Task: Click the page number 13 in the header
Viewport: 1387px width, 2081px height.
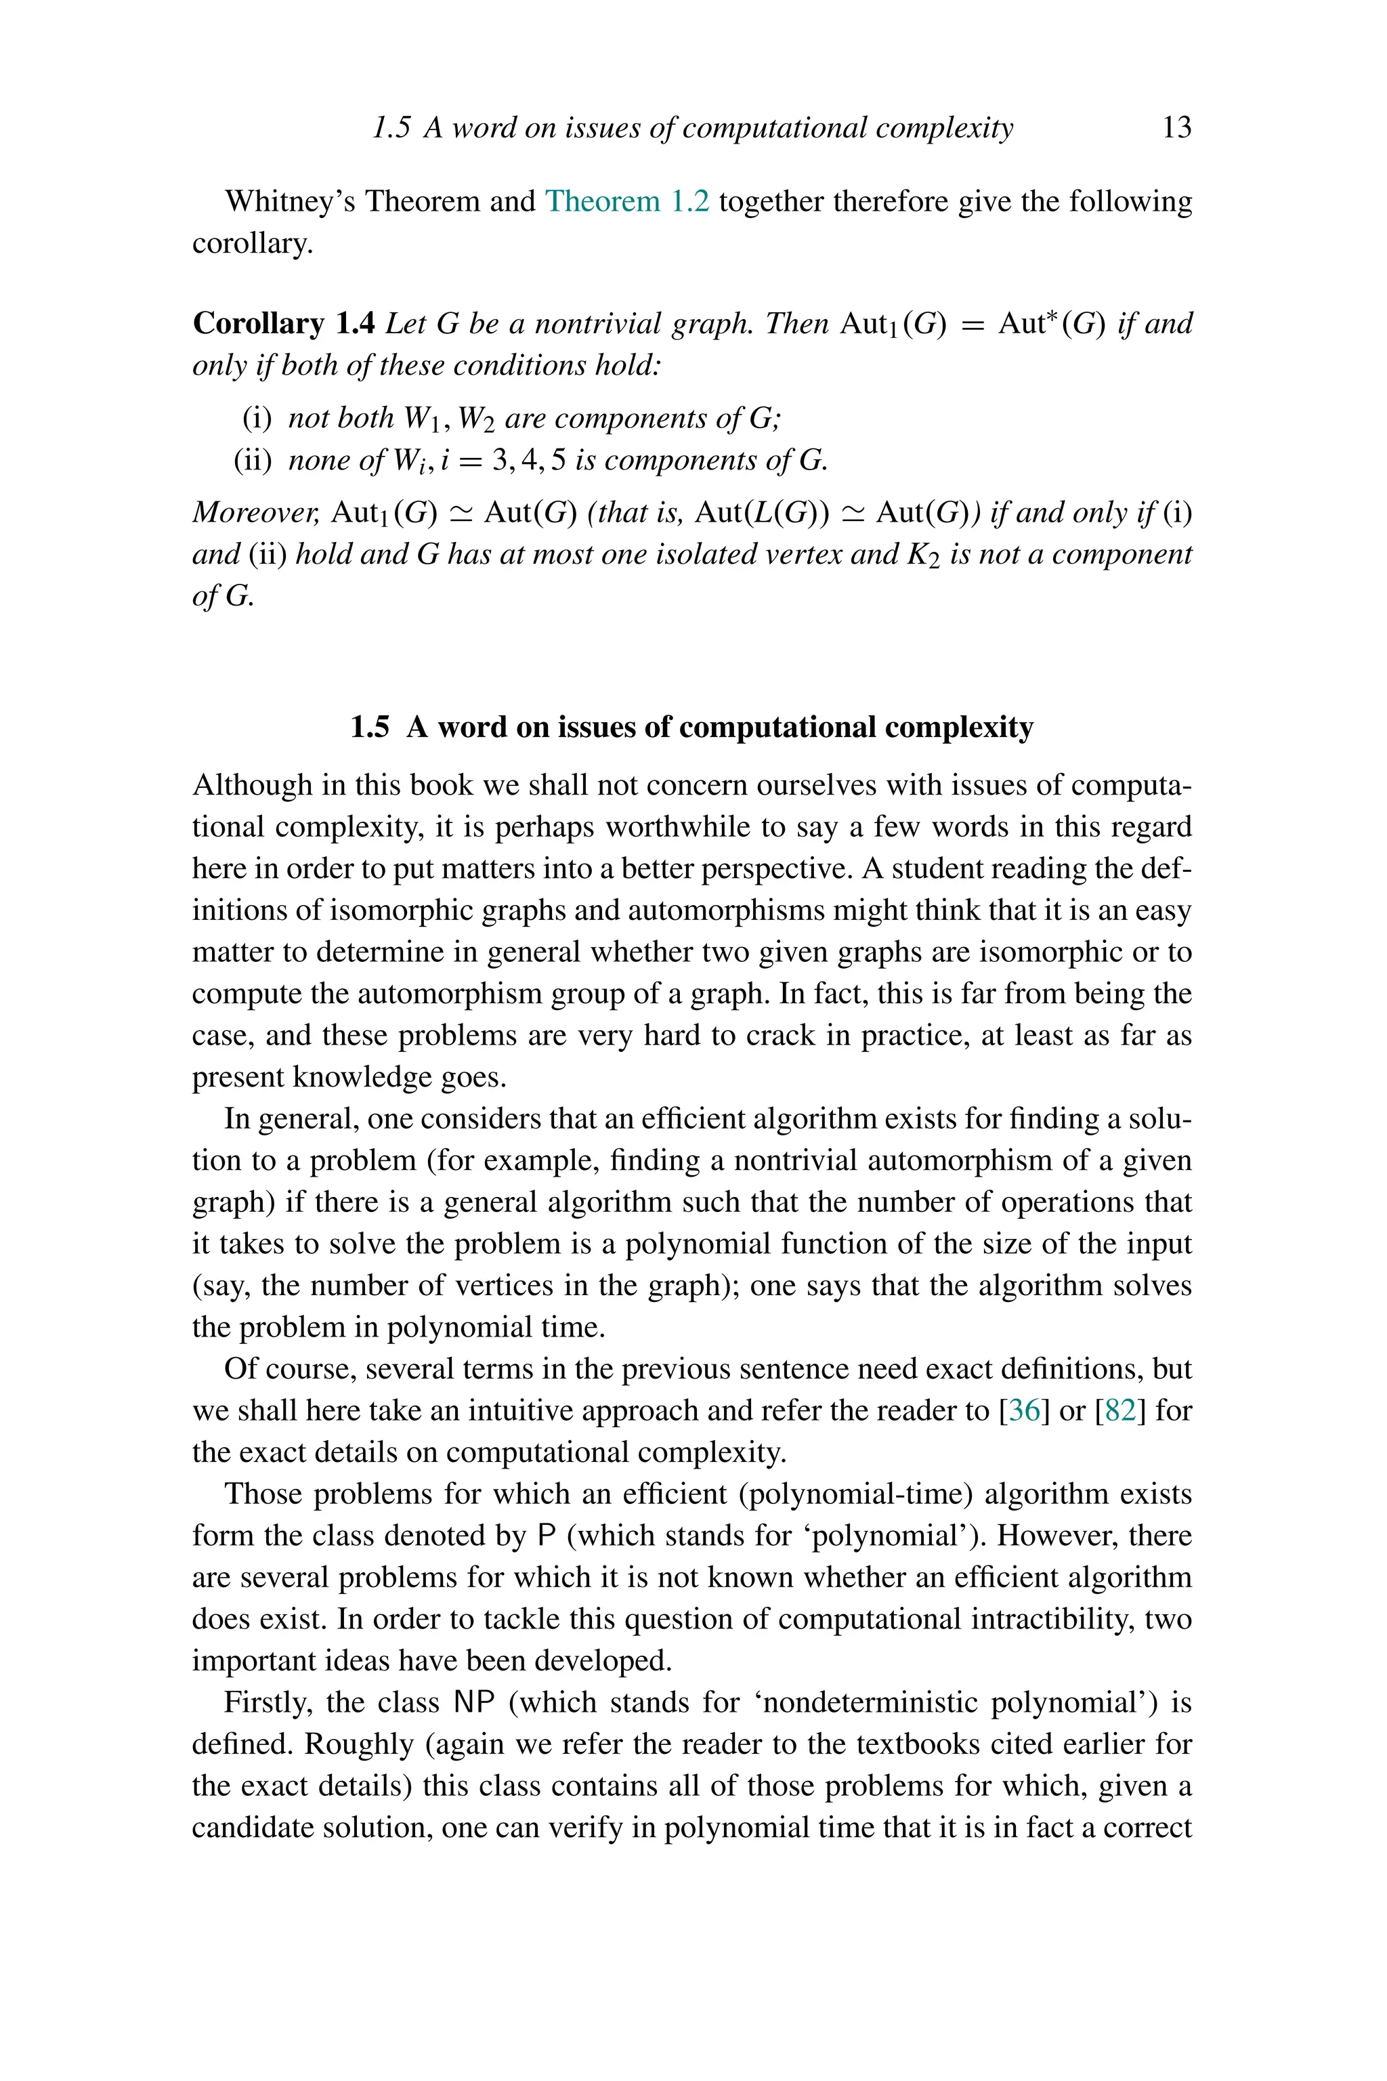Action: point(1176,127)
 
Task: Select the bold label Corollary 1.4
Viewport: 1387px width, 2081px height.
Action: point(285,324)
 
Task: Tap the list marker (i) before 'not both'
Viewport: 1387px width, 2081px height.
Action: point(257,417)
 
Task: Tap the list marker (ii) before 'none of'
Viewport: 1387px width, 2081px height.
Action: point(253,460)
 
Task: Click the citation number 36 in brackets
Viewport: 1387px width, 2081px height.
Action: point(1023,1410)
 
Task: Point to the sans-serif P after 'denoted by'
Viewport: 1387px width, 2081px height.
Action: point(546,1536)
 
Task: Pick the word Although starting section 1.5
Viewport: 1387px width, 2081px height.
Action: point(252,785)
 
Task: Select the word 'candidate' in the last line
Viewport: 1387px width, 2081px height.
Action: point(251,1828)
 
